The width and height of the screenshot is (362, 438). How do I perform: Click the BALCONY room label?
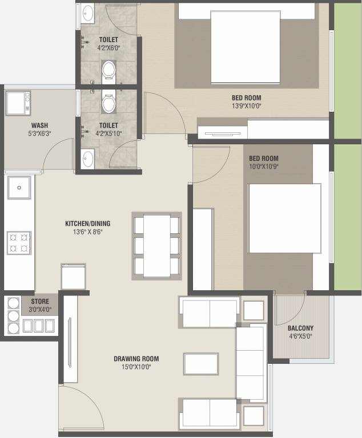[300, 328]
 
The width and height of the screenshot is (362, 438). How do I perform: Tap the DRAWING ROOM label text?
[136, 359]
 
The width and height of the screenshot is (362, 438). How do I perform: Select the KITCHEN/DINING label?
[87, 224]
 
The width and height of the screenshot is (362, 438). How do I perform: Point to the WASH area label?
[39, 125]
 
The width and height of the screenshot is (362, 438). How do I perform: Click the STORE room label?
[40, 301]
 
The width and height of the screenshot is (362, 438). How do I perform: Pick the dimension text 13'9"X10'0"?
[247, 106]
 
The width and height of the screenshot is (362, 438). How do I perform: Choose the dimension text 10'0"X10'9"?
[264, 167]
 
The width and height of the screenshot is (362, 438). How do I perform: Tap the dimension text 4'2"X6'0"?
[108, 48]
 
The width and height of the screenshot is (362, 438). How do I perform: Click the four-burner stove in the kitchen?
[19, 242]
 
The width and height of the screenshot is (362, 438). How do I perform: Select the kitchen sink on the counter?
[19, 188]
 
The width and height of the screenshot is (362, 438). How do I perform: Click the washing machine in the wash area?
[18, 103]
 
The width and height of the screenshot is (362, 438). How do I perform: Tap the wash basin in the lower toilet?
[87, 159]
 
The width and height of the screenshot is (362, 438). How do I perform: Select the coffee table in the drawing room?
[201, 364]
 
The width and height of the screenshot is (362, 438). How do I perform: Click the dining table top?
[157, 246]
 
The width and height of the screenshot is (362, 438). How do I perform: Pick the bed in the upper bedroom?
[246, 47]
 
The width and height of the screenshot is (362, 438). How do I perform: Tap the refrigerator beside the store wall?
[73, 277]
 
